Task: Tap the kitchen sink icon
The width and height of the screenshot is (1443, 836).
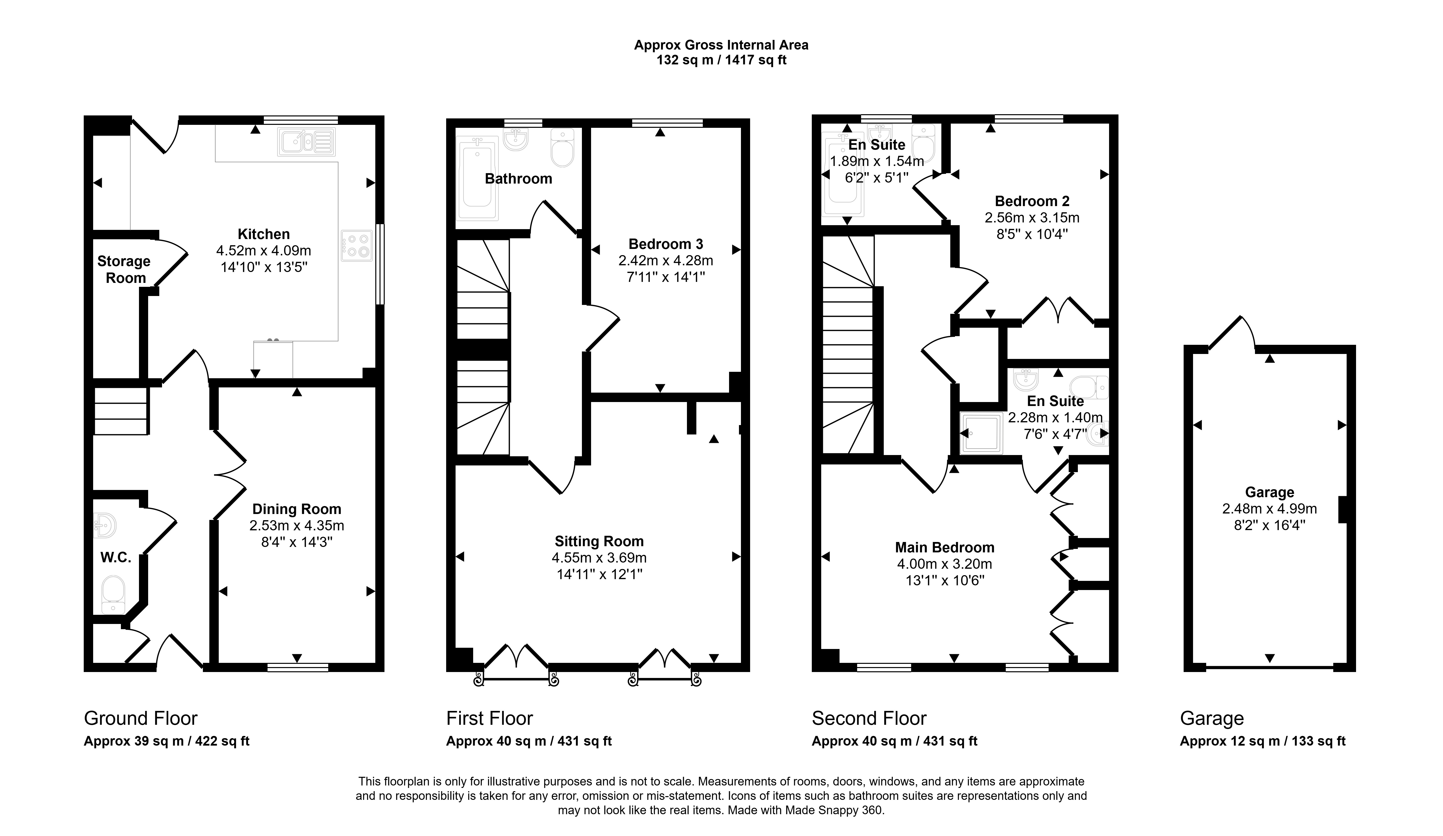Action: [x=306, y=141]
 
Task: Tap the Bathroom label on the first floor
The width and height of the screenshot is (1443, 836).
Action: [x=518, y=179]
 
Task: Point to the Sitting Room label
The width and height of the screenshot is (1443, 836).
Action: [x=599, y=541]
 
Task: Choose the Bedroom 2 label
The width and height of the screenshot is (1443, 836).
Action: [x=1032, y=201]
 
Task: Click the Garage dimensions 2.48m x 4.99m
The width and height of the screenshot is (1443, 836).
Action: [x=1270, y=509]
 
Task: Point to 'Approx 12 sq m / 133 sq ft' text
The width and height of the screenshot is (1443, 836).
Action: [x=1263, y=741]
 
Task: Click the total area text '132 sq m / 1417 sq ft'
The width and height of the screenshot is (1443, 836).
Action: [x=721, y=60]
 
